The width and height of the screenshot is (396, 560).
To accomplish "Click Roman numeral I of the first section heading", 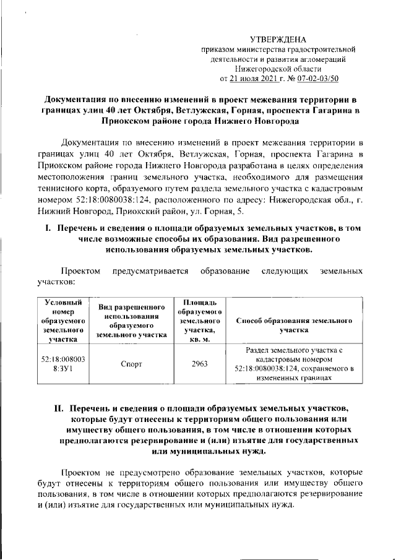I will [47, 229].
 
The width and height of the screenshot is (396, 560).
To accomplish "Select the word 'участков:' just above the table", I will [52, 282].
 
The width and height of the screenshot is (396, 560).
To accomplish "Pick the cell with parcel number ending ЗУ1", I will [62, 364].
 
